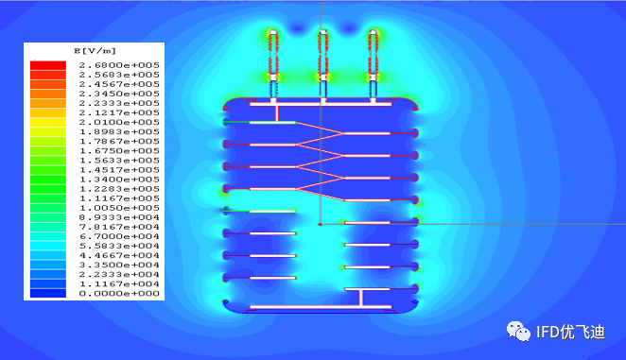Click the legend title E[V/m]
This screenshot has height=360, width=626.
(95, 51)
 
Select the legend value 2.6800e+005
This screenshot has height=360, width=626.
(119, 65)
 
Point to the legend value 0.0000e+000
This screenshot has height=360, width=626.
(119, 293)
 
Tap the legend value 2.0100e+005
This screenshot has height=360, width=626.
(119, 122)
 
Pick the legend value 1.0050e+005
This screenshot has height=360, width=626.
(119, 208)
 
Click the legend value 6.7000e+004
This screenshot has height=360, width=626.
(119, 236)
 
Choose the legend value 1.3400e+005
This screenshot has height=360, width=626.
(119, 180)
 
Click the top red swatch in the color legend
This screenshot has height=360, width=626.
(48, 65)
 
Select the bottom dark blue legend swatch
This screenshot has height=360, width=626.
(48, 293)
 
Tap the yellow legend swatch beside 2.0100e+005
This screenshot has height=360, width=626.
(48, 122)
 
